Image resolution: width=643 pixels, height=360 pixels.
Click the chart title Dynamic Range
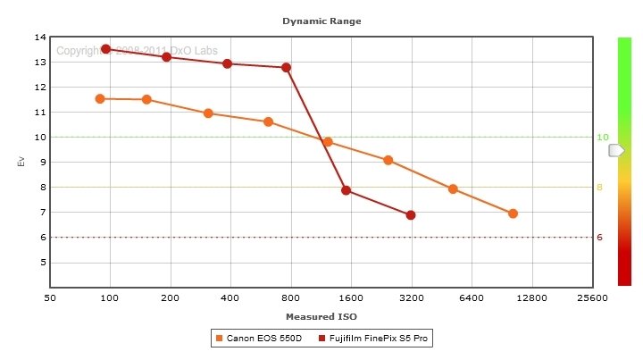pos(321,20)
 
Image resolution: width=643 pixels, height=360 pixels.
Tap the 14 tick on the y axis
pos(40,38)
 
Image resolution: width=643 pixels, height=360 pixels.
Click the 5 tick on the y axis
pos(42,263)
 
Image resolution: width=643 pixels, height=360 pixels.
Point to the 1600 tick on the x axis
pos(351,297)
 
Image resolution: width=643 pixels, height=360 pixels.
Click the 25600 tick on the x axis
pos(592,297)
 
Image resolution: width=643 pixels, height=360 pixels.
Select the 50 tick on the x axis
pos(50,297)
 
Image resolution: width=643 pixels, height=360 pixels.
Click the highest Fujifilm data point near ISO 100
pos(105,49)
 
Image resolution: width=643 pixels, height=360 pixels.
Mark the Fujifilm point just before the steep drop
pos(287,67)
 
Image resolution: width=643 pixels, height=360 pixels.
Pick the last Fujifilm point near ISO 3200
pos(411,215)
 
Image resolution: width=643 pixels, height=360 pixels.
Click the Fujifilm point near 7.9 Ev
pos(346,190)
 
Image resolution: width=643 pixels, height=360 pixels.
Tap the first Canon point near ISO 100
pos(100,98)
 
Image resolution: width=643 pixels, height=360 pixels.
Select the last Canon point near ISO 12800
pos(513,213)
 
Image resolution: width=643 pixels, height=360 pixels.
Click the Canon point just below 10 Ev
pos(328,142)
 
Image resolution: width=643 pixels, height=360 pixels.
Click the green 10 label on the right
pos(602,138)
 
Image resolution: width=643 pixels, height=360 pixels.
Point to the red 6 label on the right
pos(600,238)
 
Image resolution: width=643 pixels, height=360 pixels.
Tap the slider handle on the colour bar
pos(616,151)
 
